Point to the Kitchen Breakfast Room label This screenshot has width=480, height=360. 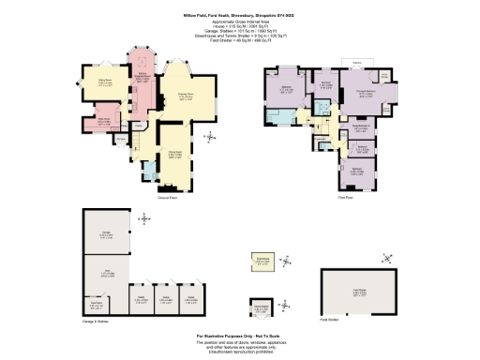tap(140, 79)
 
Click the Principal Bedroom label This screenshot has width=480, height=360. tap(365, 92)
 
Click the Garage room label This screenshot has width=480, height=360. tap(107, 234)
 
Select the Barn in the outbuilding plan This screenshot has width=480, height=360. tap(107, 274)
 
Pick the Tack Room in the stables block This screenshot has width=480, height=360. tap(96, 304)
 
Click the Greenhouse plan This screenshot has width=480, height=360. tap(262, 261)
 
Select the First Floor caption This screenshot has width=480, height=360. tap(346, 197)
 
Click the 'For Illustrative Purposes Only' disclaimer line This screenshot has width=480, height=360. tap(240, 334)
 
